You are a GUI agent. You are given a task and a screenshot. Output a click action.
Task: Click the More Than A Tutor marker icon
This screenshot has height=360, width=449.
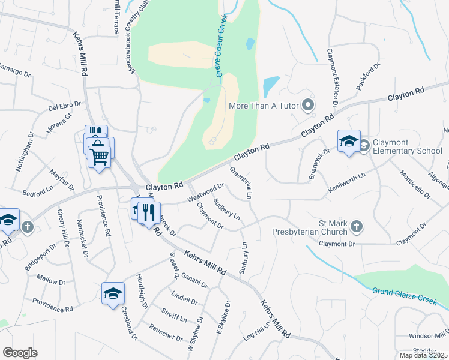coord(309,106)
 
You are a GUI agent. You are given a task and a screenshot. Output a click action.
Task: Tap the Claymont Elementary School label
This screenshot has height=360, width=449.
coord(407,146)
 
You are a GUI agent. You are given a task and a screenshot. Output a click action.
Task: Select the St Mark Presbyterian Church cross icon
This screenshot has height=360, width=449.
coord(357,227)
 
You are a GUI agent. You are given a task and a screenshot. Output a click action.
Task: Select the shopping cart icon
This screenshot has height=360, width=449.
coord(99,155)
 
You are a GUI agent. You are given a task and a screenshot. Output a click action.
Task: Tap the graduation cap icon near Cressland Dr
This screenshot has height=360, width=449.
coord(112,293)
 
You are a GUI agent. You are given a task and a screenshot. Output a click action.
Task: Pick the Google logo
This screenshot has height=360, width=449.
coord(20,352)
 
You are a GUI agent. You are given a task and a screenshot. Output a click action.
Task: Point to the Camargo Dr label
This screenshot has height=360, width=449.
coord(14,71)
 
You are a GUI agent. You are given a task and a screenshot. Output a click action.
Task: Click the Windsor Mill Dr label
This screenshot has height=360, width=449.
coord(428,336)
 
